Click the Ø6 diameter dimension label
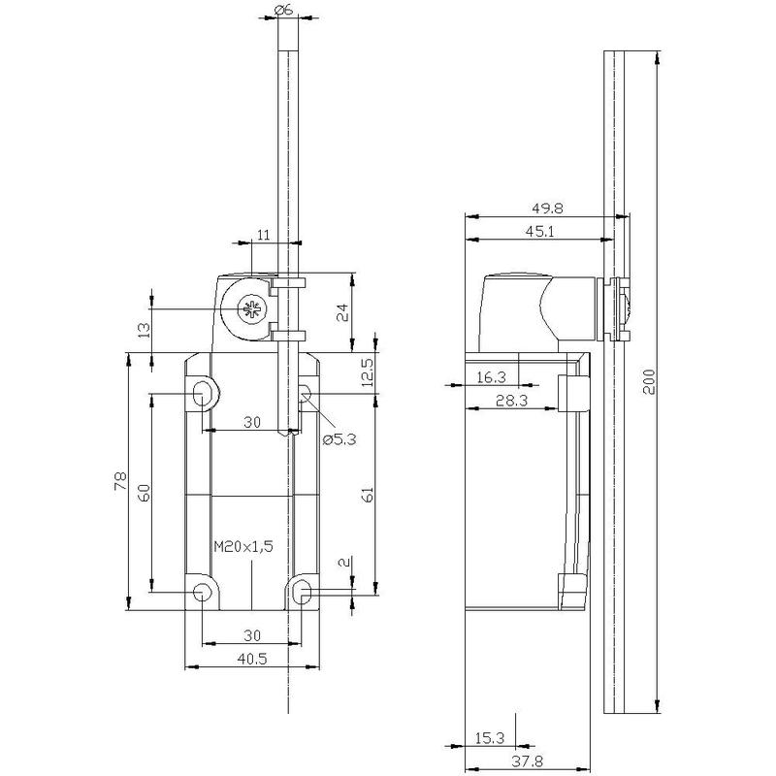[283, 10]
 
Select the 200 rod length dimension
[649, 381]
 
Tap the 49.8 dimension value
[547, 209]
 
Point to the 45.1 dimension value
[539, 231]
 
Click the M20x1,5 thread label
[243, 546]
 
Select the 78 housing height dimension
[120, 481]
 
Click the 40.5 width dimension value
[252, 659]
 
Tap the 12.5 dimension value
[368, 372]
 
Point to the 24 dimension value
[342, 312]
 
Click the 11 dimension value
[264, 234]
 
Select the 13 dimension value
[144, 330]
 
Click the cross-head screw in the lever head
[251, 309]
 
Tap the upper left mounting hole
[202, 394]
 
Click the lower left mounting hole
[202, 592]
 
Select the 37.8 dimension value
[527, 760]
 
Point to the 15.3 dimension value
[490, 738]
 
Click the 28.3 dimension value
[512, 401]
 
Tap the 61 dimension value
[368, 495]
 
